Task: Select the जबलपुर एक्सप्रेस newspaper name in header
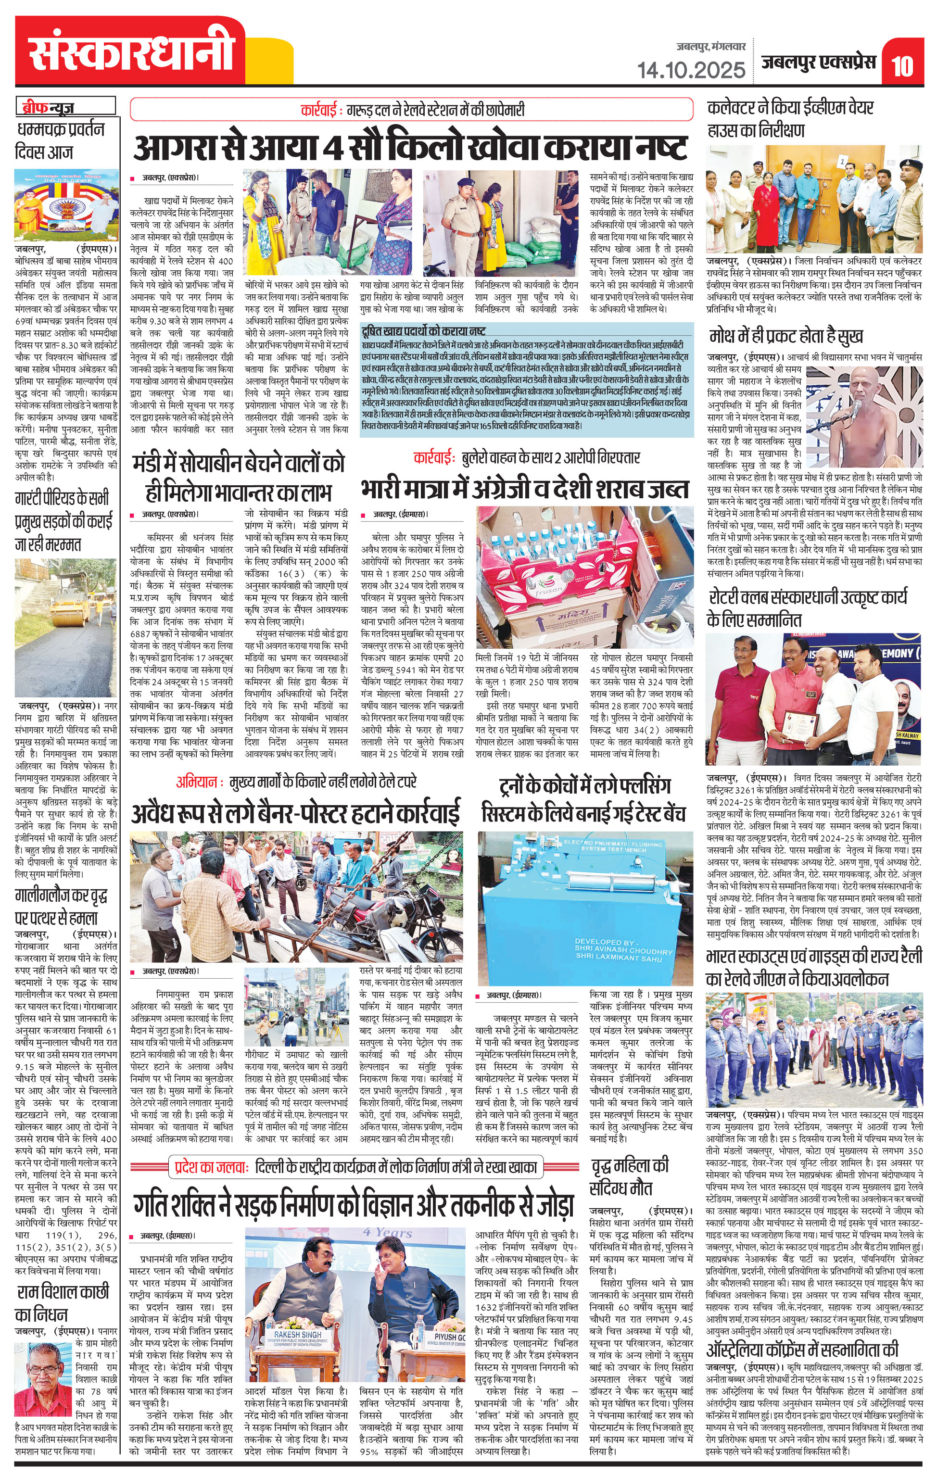819,63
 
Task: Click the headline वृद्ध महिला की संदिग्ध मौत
629,1176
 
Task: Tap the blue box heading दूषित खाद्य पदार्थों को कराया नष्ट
423,332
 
